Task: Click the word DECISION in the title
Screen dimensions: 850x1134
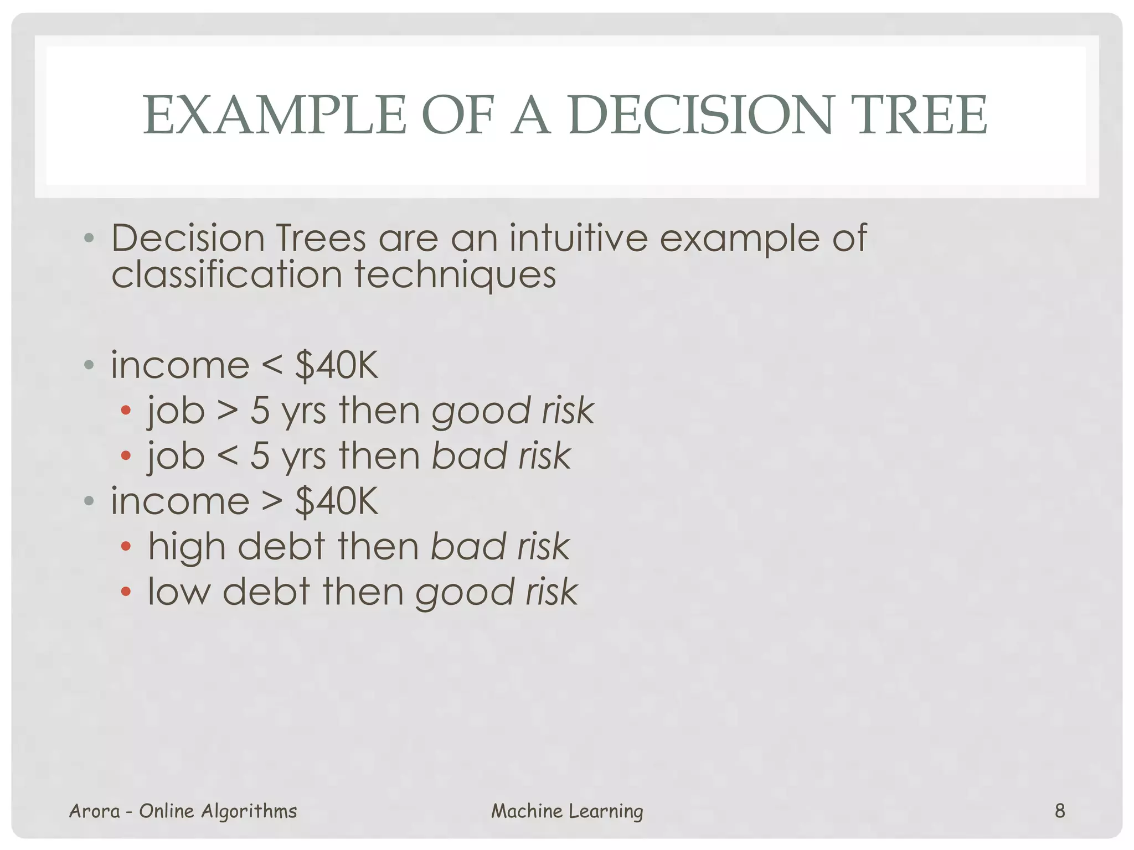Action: (700, 115)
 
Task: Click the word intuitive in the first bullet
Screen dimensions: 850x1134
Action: (578, 239)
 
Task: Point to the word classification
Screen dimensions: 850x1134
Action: (226, 275)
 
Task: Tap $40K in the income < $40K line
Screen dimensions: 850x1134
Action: (337, 365)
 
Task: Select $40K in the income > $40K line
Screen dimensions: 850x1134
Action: (337, 501)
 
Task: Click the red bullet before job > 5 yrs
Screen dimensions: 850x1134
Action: (126, 411)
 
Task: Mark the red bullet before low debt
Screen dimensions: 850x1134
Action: (126, 592)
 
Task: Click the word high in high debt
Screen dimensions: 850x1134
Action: (187, 547)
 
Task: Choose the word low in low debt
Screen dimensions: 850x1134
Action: (179, 592)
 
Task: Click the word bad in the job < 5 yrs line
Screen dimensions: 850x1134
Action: (468, 456)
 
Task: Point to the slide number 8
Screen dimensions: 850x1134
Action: (1060, 811)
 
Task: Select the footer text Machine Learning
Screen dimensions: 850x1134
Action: (567, 811)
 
